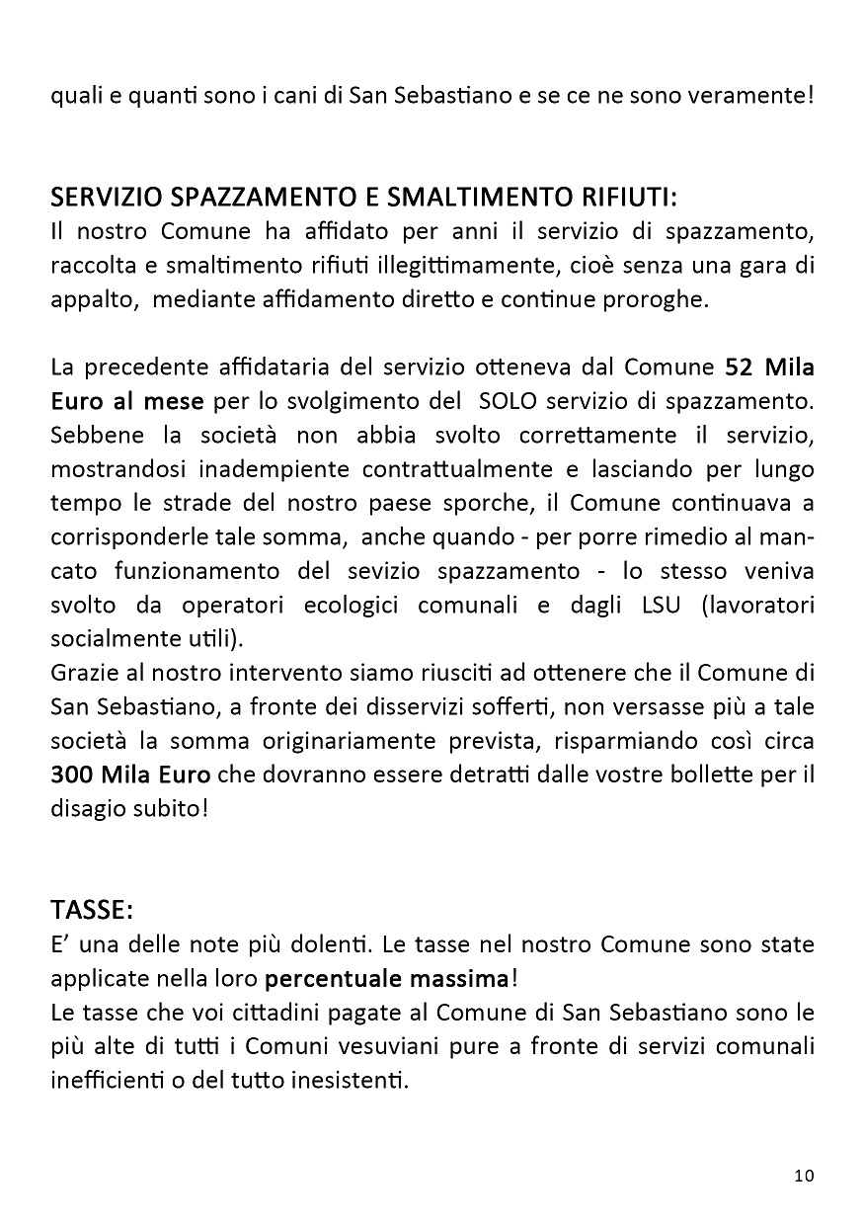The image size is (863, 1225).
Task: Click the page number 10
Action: pyautogui.click(x=803, y=1176)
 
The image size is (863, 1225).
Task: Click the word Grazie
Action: pyautogui.click(x=82, y=674)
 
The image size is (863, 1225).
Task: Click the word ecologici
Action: pyautogui.click(x=367, y=605)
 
